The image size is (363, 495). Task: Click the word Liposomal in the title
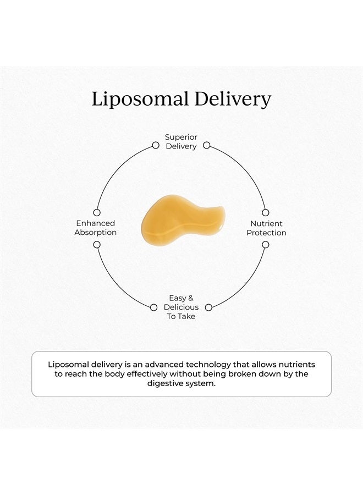(140, 99)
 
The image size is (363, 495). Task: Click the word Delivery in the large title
(233, 99)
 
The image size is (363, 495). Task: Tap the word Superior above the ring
(181, 137)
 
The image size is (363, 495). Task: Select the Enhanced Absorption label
(95, 228)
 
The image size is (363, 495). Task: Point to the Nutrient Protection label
(266, 228)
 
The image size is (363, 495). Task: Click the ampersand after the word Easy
(190, 298)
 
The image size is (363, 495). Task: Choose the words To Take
(181, 316)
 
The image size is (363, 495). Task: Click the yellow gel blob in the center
(183, 219)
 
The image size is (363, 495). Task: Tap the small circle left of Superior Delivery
(156, 145)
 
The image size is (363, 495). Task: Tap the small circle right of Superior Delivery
(206, 145)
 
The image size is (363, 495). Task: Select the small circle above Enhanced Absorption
(97, 212)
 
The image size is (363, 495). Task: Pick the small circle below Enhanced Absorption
(97, 245)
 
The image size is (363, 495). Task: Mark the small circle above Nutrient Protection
(266, 212)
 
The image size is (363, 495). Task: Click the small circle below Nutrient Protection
(266, 245)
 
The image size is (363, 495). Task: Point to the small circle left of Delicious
(153, 307)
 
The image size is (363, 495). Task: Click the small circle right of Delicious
(208, 307)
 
